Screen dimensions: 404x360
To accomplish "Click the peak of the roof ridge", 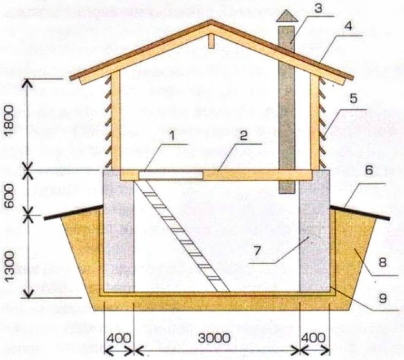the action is [212, 20].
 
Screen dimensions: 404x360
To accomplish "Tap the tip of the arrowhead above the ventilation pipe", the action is [287, 10].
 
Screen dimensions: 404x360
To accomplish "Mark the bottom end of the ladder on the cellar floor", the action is [223, 292].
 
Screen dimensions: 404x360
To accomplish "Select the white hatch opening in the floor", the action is [171, 175].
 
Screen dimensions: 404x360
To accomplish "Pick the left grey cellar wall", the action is [119, 231].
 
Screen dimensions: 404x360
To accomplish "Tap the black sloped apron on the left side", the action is [73, 212].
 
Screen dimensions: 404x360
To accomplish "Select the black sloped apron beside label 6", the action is [360, 212].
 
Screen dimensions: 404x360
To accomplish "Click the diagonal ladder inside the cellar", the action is [182, 237].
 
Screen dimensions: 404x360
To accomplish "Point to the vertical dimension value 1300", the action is [10, 266].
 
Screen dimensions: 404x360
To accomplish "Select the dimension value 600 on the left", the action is [10, 193].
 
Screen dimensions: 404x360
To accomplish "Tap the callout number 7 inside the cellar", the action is [258, 251].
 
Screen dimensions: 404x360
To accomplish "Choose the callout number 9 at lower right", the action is [383, 298].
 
